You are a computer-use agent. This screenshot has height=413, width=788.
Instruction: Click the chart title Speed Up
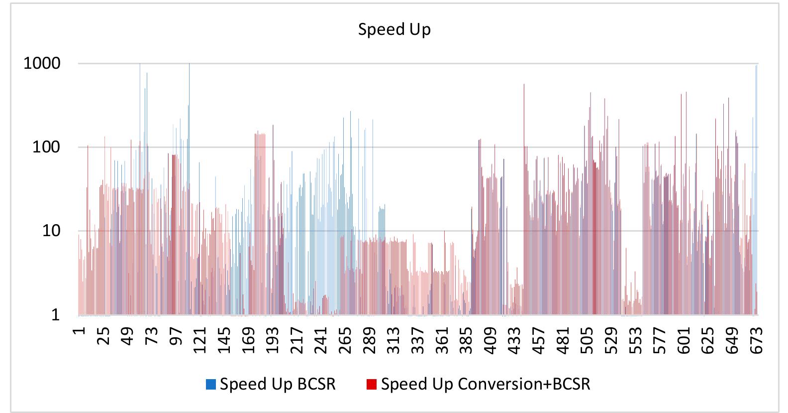(x=394, y=29)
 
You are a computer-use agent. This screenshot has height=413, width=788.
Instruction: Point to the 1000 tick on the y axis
(x=42, y=63)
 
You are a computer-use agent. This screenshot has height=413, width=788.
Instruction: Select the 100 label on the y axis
(x=46, y=147)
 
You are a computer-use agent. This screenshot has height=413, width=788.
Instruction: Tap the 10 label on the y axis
(x=51, y=231)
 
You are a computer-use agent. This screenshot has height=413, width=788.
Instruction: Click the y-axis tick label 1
(x=55, y=314)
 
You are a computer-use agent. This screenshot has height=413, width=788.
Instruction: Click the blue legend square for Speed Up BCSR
(x=211, y=384)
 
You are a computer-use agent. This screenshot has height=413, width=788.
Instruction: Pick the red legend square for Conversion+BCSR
(x=371, y=384)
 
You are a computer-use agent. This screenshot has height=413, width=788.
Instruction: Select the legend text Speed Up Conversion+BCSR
(x=486, y=384)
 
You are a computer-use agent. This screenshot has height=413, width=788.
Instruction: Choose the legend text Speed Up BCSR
(x=278, y=384)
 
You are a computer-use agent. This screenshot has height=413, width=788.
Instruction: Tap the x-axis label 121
(x=200, y=340)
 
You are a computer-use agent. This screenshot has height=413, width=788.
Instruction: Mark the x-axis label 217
(x=297, y=340)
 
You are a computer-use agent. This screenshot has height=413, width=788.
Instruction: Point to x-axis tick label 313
(x=394, y=340)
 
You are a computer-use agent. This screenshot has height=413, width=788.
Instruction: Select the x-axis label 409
(x=491, y=340)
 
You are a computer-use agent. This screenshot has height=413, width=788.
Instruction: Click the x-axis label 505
(x=588, y=340)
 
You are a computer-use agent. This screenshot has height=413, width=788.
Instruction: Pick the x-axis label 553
(x=636, y=340)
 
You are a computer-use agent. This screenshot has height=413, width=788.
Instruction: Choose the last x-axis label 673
(x=757, y=340)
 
